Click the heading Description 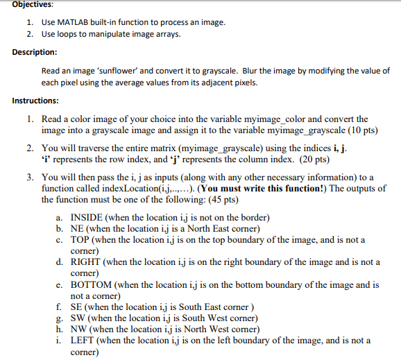(35, 52)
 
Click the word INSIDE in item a (87, 218)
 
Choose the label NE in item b (78, 229)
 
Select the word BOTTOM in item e (91, 284)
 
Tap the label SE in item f (77, 307)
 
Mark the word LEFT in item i (83, 341)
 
